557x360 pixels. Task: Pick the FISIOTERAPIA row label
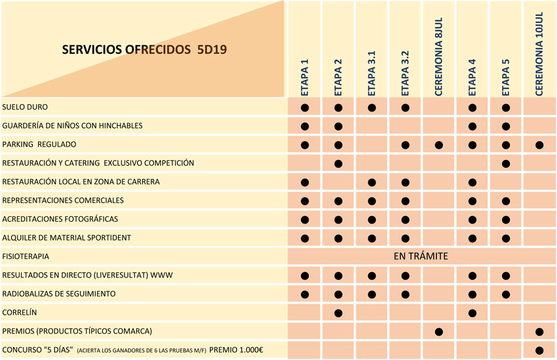(26, 256)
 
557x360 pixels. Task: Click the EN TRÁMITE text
(421, 256)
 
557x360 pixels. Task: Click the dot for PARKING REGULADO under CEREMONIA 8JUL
(439, 144)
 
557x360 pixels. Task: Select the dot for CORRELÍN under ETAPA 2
(339, 313)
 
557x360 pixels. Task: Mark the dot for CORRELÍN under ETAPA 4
(472, 313)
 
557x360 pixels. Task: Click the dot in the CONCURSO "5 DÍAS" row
(539, 350)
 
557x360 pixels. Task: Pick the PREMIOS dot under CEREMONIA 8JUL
(439, 332)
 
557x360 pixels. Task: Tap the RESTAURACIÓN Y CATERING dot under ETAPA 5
(506, 163)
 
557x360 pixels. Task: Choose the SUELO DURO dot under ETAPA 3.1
(372, 107)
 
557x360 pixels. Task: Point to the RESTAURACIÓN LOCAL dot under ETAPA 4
(472, 182)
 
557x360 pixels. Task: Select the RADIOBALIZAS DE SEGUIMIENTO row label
(59, 294)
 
